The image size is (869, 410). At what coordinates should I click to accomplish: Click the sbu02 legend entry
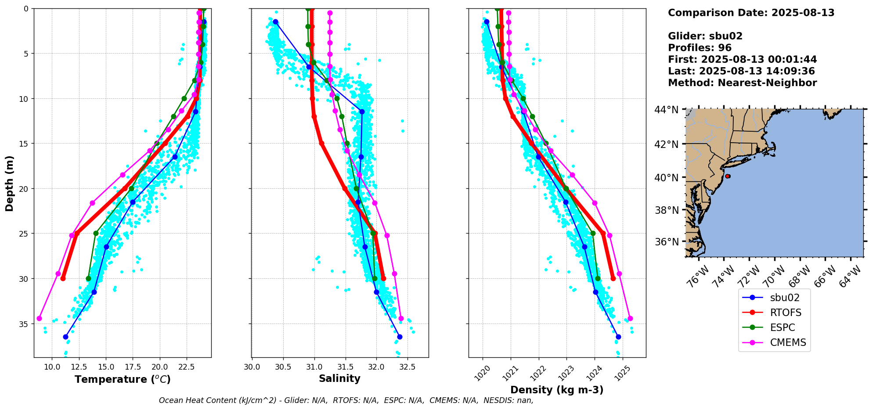784,298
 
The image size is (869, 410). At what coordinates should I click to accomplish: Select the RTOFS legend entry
786,313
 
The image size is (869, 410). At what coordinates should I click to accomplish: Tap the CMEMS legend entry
788,342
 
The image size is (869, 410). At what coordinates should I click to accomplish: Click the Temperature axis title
123,379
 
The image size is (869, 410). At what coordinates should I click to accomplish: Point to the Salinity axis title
339,378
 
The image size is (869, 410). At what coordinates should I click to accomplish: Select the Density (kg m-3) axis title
556,390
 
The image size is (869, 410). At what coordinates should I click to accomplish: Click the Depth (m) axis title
10,183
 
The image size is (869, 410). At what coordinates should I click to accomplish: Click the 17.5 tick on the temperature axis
133,367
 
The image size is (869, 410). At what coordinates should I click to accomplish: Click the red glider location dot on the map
728,176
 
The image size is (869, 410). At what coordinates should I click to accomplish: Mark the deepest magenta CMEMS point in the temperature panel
39,318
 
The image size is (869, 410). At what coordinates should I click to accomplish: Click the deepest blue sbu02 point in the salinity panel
400,337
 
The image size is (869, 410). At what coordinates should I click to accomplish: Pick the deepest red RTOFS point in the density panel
613,278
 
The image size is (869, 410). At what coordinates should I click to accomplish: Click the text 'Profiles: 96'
700,48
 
